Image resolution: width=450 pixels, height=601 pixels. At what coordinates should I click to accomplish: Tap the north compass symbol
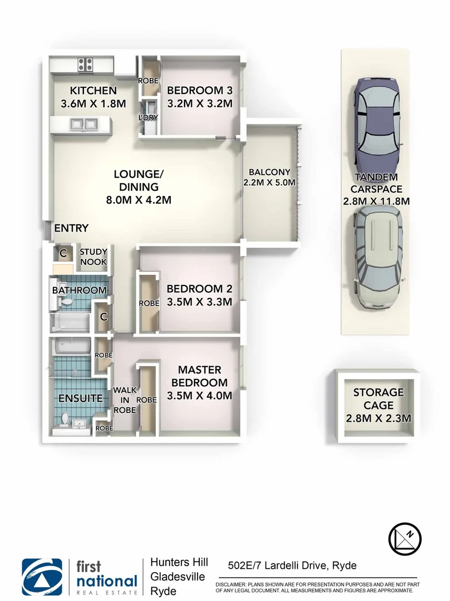(x=404, y=539)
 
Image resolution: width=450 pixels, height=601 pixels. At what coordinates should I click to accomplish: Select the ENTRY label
(x=71, y=228)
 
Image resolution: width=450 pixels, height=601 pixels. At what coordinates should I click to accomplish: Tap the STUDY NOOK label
(x=93, y=257)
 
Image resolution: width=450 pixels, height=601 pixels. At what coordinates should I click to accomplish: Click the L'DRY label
(x=149, y=117)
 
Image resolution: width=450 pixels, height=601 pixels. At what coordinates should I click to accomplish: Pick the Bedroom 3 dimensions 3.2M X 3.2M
(x=200, y=104)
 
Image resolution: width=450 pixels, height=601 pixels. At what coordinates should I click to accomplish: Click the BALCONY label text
(x=270, y=172)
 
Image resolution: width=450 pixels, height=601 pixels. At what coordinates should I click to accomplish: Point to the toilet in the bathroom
(x=67, y=301)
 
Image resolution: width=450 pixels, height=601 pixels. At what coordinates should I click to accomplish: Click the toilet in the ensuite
(x=65, y=418)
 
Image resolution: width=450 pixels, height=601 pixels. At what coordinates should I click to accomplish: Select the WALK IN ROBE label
(x=125, y=400)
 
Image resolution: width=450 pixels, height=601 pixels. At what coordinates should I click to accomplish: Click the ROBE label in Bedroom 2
(x=148, y=304)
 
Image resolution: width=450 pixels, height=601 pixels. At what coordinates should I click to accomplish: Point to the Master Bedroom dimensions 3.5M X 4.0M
(x=199, y=396)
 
